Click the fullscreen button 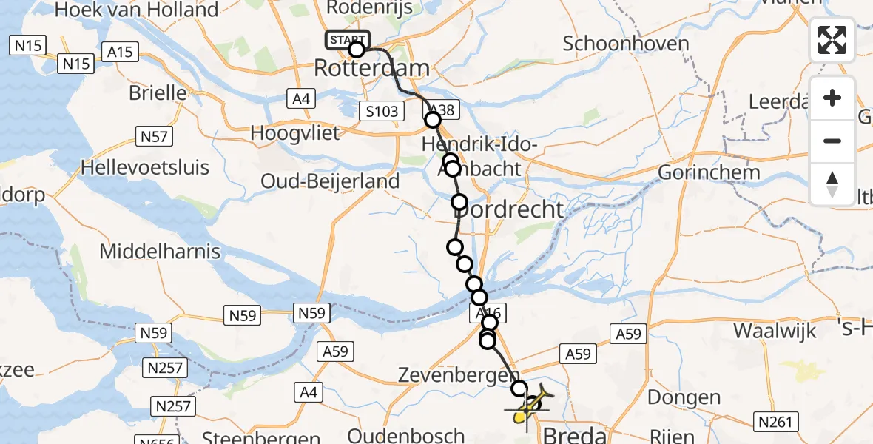click(x=832, y=40)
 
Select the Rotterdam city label click(x=371, y=69)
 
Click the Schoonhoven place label click(x=626, y=43)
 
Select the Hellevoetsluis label click(x=145, y=167)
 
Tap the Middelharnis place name click(x=160, y=251)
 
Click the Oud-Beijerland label click(x=330, y=181)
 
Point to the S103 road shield click(x=382, y=112)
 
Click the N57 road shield click(x=155, y=135)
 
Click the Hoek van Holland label click(x=137, y=10)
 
